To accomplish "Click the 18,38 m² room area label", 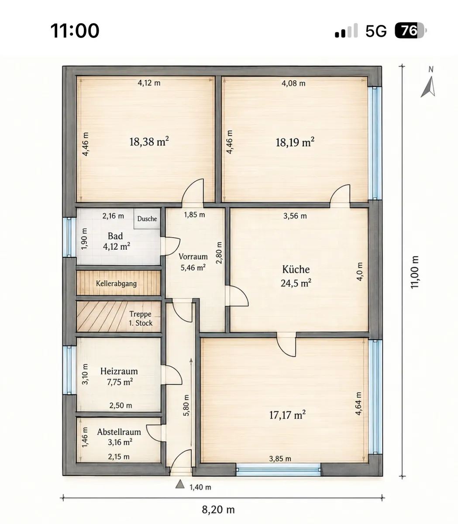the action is [x=149, y=141].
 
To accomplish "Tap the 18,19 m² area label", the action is [x=295, y=142].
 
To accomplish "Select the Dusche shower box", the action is [x=147, y=218].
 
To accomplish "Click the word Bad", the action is [x=115, y=236].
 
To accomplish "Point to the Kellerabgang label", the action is [x=116, y=283].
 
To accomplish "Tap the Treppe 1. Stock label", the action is [x=141, y=318].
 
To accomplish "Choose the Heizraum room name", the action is [x=119, y=371].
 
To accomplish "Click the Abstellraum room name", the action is [x=119, y=432].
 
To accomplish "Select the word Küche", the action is [x=296, y=269].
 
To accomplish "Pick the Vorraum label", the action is [x=193, y=256].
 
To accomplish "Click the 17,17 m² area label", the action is [x=287, y=415].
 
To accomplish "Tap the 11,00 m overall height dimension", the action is [x=414, y=272].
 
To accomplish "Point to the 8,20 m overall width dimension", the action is [x=218, y=510].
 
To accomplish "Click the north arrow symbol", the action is [x=429, y=87].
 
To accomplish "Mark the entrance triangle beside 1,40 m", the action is [x=180, y=484].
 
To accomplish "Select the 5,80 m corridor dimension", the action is [x=186, y=405].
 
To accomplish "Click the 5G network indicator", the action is [x=376, y=31].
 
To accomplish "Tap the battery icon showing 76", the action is [x=410, y=31].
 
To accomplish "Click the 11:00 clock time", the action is [x=75, y=31].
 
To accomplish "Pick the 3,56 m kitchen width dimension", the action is [x=295, y=216].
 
